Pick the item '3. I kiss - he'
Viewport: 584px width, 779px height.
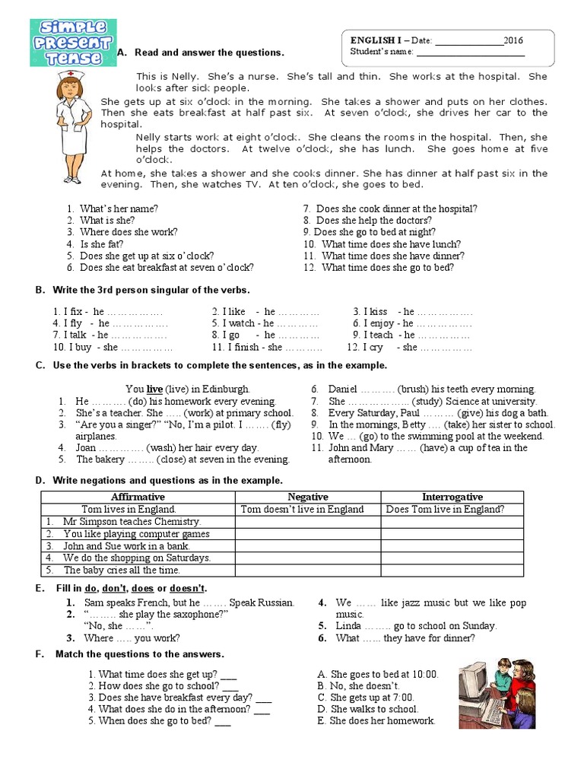412,311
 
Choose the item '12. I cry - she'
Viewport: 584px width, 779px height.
409,347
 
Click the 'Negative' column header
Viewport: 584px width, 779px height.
307,497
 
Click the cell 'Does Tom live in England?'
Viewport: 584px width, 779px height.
445,510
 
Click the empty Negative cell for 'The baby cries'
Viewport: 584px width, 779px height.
307,570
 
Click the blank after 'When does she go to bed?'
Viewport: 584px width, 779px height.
223,721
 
